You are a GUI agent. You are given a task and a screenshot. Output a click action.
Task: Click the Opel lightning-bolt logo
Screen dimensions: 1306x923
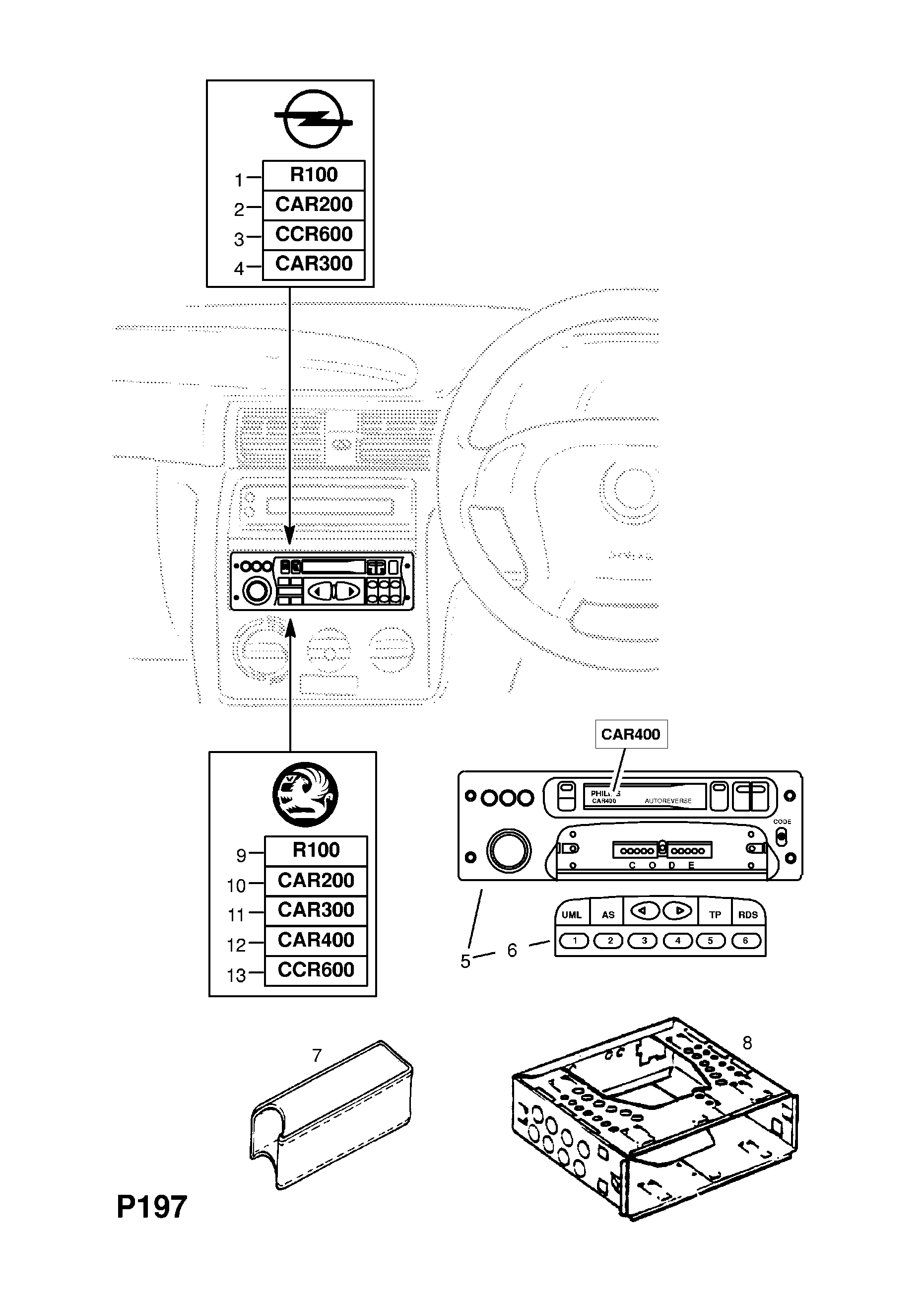(x=313, y=119)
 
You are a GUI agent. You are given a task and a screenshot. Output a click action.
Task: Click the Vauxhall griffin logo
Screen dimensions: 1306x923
(x=305, y=795)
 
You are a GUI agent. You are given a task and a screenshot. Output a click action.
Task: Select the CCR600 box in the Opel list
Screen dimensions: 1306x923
(x=313, y=234)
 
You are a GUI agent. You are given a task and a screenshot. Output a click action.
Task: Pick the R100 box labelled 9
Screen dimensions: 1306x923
(x=316, y=850)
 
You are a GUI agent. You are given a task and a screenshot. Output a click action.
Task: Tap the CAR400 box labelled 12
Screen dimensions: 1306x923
(x=316, y=940)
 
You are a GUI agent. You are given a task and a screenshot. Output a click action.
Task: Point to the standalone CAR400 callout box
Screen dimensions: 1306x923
(x=631, y=734)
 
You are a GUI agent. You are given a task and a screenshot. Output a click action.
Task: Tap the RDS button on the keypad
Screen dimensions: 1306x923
(x=748, y=915)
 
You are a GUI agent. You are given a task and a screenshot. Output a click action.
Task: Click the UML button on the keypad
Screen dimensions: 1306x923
(x=572, y=915)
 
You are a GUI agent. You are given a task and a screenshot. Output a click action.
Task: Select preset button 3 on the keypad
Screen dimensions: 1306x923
(x=644, y=941)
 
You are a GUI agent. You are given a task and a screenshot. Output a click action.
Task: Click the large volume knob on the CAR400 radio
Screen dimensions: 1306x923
(x=509, y=851)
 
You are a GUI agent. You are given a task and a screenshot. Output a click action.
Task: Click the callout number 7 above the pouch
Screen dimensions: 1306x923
(x=317, y=1056)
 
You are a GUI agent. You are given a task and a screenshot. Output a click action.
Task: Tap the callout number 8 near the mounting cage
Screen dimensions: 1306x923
(x=747, y=1043)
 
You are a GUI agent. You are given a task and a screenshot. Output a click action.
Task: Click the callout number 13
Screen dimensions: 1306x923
(x=236, y=975)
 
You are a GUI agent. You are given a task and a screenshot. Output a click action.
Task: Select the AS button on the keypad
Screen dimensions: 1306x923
(x=608, y=915)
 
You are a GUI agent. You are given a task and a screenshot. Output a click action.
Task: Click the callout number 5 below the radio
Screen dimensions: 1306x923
(x=465, y=962)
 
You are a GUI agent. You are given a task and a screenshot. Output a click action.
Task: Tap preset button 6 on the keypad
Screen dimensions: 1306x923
(x=745, y=941)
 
